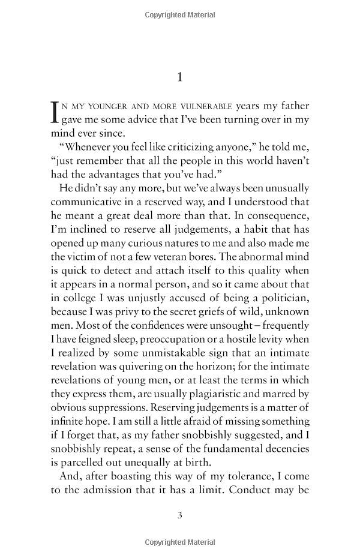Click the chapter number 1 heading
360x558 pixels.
pos(180,77)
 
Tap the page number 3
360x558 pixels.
pos(180,515)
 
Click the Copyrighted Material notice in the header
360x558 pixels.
pos(180,14)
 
